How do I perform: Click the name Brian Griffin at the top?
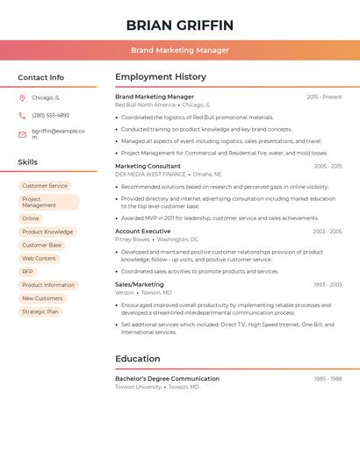coord(180,25)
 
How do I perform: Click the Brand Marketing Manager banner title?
coord(180,50)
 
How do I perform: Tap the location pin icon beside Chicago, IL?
coord(22,97)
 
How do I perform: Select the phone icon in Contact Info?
coord(22,115)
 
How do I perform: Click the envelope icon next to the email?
coord(22,134)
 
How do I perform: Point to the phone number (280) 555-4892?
coord(50,115)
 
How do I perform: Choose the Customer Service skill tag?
coord(45,186)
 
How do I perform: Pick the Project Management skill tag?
coord(48,202)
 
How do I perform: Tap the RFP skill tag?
coord(28,272)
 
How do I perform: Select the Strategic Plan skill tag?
coord(40,311)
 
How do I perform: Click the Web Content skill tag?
coord(39,259)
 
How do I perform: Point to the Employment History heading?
coord(161,77)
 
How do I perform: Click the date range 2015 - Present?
coord(324,97)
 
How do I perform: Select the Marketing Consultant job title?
coord(148,166)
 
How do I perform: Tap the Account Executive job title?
coord(143,231)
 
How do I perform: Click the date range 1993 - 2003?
coord(328,284)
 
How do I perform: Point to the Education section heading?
coord(138,359)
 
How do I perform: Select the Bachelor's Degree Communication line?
coord(167,379)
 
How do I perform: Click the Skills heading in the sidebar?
coord(28,162)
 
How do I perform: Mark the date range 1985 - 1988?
coord(328,379)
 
